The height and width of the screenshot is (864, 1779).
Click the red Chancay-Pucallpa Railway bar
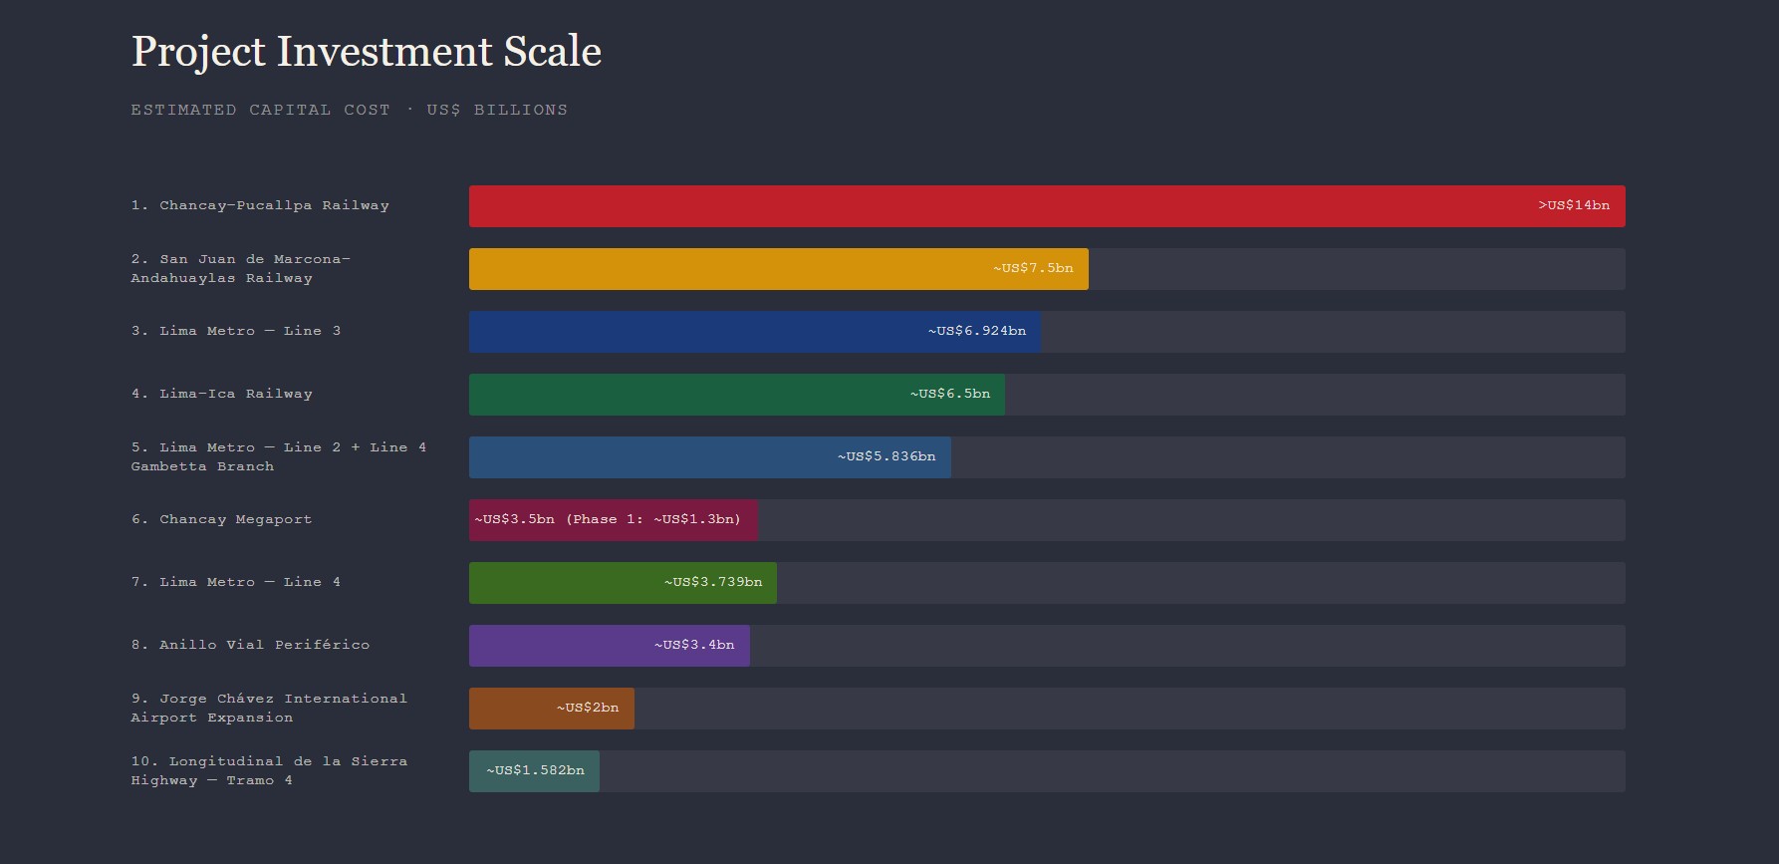pos(996,206)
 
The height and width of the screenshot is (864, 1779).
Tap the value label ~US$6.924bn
pos(976,331)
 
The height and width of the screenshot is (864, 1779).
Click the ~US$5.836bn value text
pos(887,456)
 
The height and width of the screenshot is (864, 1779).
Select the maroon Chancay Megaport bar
pos(613,520)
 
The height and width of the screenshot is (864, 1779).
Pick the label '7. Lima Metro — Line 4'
pos(236,582)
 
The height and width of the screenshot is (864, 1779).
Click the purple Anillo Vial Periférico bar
pos(558,646)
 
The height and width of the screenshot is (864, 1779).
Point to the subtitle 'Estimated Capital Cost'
pos(260,110)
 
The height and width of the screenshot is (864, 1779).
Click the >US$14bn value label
pos(1573,205)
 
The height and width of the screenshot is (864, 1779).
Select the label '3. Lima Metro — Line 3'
pos(236,331)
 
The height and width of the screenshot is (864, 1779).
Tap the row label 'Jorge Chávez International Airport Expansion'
pos(269,708)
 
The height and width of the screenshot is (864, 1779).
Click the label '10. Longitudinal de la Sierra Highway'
pos(269,770)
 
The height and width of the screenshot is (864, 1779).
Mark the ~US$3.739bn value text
pos(713,582)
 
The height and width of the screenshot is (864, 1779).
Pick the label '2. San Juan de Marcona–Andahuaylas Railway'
pos(240,268)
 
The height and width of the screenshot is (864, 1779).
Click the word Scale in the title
pos(552,52)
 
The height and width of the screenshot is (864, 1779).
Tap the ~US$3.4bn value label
pos(694,645)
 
